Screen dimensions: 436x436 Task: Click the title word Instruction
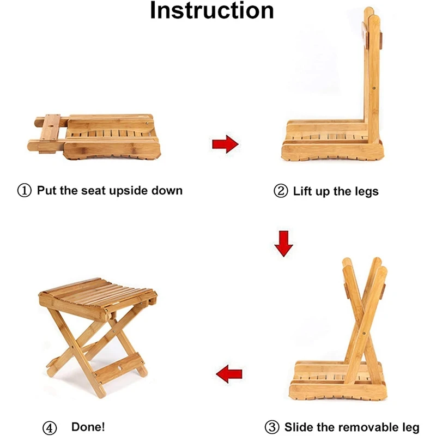point(212,11)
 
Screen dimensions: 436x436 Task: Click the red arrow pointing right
point(225,144)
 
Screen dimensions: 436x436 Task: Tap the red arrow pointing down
point(283,243)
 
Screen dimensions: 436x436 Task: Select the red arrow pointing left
point(229,374)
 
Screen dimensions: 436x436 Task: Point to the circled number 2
point(280,191)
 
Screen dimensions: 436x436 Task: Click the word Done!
point(88,427)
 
